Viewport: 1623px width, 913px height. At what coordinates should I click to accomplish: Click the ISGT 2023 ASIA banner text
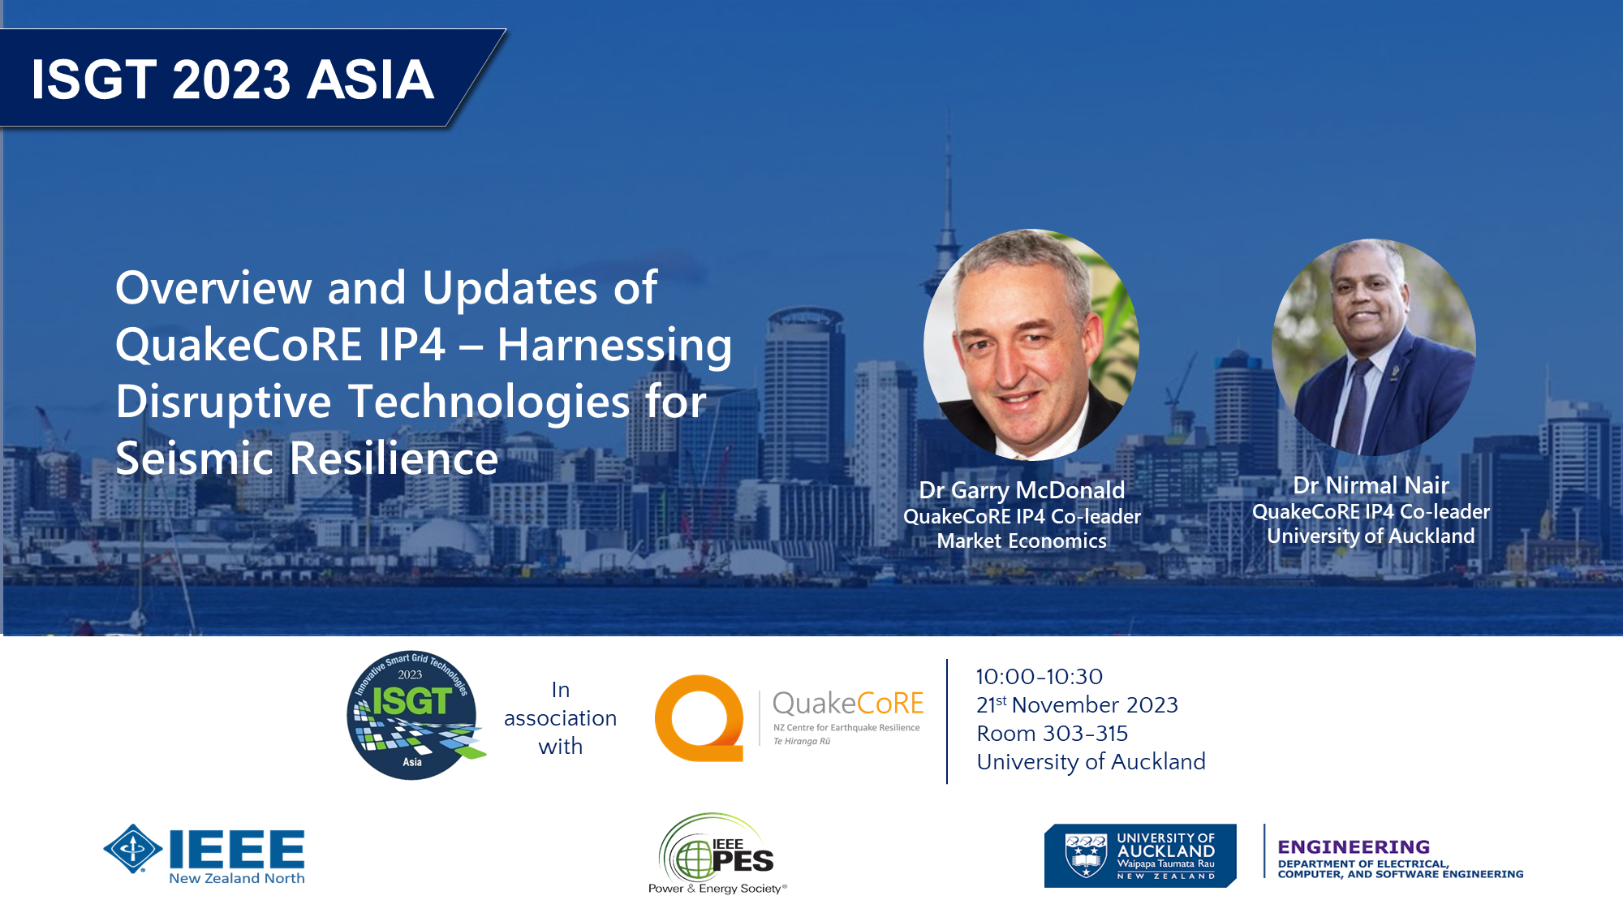click(x=233, y=80)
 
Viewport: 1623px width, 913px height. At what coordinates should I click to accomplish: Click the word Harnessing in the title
click(x=614, y=345)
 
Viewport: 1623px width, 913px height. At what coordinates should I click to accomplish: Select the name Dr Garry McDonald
click(x=1022, y=490)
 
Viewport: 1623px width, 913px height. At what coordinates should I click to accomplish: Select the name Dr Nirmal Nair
click(x=1371, y=485)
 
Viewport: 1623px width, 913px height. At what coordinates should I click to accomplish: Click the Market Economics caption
click(x=1022, y=540)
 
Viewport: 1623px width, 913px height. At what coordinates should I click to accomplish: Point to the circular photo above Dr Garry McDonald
click(x=1031, y=345)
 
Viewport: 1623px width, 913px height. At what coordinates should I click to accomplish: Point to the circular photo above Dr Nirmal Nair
click(x=1374, y=347)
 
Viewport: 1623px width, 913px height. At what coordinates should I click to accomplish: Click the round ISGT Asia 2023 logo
click(x=415, y=715)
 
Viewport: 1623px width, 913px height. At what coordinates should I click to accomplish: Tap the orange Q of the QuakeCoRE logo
click(x=700, y=718)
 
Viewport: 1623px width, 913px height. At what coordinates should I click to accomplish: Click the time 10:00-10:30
click(x=1039, y=676)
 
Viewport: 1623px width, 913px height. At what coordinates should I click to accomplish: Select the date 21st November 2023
click(x=1077, y=704)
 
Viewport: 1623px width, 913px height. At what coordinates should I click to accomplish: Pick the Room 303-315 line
click(x=1053, y=733)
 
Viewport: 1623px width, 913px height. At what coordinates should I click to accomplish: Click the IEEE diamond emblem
click(x=133, y=849)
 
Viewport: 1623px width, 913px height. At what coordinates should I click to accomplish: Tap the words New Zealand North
click(x=237, y=878)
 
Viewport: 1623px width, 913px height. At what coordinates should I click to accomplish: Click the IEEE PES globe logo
click(x=695, y=858)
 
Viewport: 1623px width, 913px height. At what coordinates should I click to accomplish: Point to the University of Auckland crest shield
click(x=1086, y=855)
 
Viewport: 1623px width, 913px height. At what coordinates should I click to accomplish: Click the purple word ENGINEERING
click(x=1354, y=846)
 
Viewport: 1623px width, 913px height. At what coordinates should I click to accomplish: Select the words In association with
click(x=560, y=718)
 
